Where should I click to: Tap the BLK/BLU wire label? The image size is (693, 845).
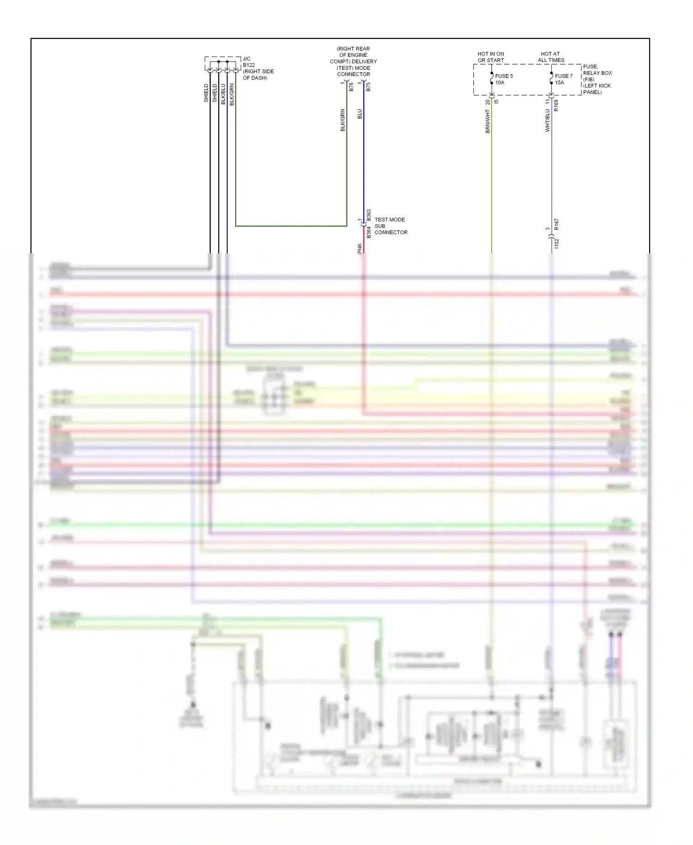point(224,94)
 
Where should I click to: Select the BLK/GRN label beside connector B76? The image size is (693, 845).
point(343,120)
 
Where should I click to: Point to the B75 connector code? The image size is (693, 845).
point(368,87)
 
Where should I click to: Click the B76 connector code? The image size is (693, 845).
point(351,87)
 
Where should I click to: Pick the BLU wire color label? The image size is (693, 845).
point(360,114)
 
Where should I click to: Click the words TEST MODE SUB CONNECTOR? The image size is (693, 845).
point(390,226)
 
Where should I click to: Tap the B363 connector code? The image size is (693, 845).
point(369,215)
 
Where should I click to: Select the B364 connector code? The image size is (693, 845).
point(369,232)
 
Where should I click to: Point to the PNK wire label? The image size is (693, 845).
point(360,248)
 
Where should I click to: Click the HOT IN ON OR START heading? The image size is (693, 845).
point(491,57)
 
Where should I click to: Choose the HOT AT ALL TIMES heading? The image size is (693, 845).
point(551,57)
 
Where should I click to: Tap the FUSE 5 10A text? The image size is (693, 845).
point(504,79)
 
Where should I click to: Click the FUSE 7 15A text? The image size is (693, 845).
point(564,79)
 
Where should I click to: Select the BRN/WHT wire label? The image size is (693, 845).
point(488,121)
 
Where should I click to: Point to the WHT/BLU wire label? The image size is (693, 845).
point(548,120)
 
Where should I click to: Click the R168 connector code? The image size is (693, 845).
point(556,105)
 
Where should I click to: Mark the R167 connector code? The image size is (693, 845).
point(556,224)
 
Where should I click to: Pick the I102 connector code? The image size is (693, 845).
point(556,244)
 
